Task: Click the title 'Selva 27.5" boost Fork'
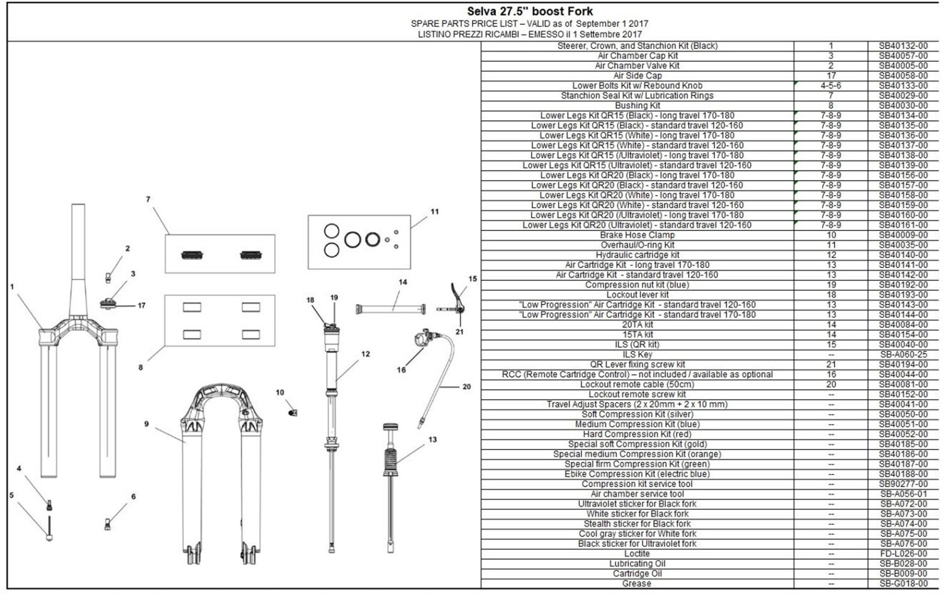pyautogui.click(x=530, y=11)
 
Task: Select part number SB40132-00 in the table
pyautogui.click(x=903, y=46)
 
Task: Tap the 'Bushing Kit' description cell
pyautogui.click(x=637, y=106)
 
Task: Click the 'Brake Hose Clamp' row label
pyautogui.click(x=637, y=235)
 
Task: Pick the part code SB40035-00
pyautogui.click(x=903, y=245)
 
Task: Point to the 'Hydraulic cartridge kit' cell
pyautogui.click(x=637, y=255)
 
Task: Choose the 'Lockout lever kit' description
pyautogui.click(x=637, y=295)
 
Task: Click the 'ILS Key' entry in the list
pyautogui.click(x=637, y=354)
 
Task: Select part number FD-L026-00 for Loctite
pyautogui.click(x=903, y=554)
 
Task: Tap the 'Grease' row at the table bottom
pyautogui.click(x=637, y=584)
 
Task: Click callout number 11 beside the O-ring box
pyautogui.click(x=434, y=211)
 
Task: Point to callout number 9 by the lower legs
pyautogui.click(x=146, y=424)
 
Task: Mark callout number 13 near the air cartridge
pyautogui.click(x=432, y=440)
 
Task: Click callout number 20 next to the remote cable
pyautogui.click(x=466, y=386)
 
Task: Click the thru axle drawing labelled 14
pyautogui.click(x=391, y=310)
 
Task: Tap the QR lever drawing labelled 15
pyautogui.click(x=452, y=300)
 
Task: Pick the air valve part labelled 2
pyautogui.click(x=108, y=278)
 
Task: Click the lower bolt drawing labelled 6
pyautogui.click(x=108, y=524)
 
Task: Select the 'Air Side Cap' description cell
pyautogui.click(x=637, y=76)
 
